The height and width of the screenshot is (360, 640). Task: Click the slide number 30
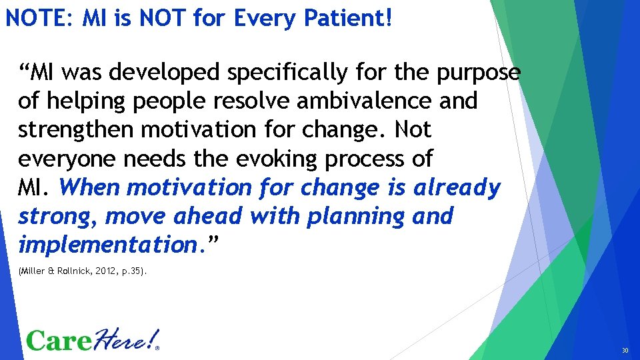pyautogui.click(x=625, y=350)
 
